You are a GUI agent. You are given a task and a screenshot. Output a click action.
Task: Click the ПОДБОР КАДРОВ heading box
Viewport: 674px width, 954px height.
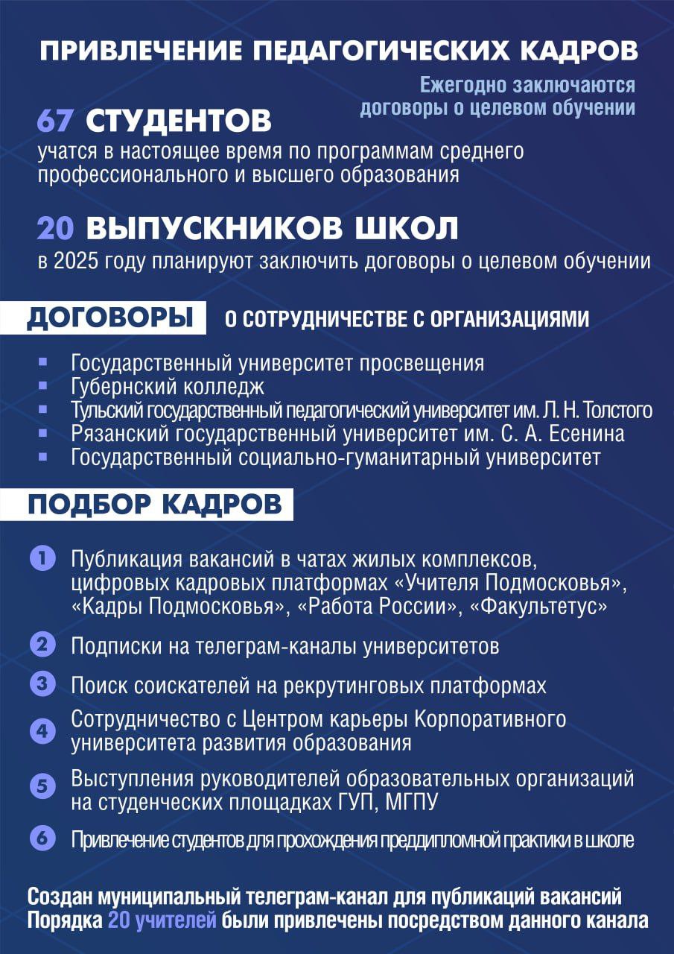(x=155, y=504)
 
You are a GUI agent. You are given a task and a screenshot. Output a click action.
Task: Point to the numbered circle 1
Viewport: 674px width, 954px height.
(x=42, y=558)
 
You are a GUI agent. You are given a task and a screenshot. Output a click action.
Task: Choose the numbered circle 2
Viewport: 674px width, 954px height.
(x=42, y=644)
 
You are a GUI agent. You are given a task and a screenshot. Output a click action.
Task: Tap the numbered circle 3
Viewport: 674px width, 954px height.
(x=42, y=683)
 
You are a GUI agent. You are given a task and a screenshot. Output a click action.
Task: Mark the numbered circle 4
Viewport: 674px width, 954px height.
(x=42, y=730)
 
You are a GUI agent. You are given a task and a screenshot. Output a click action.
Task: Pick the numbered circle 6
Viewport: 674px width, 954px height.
(x=42, y=838)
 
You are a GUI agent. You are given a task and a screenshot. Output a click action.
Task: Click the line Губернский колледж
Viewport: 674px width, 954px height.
(x=168, y=387)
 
